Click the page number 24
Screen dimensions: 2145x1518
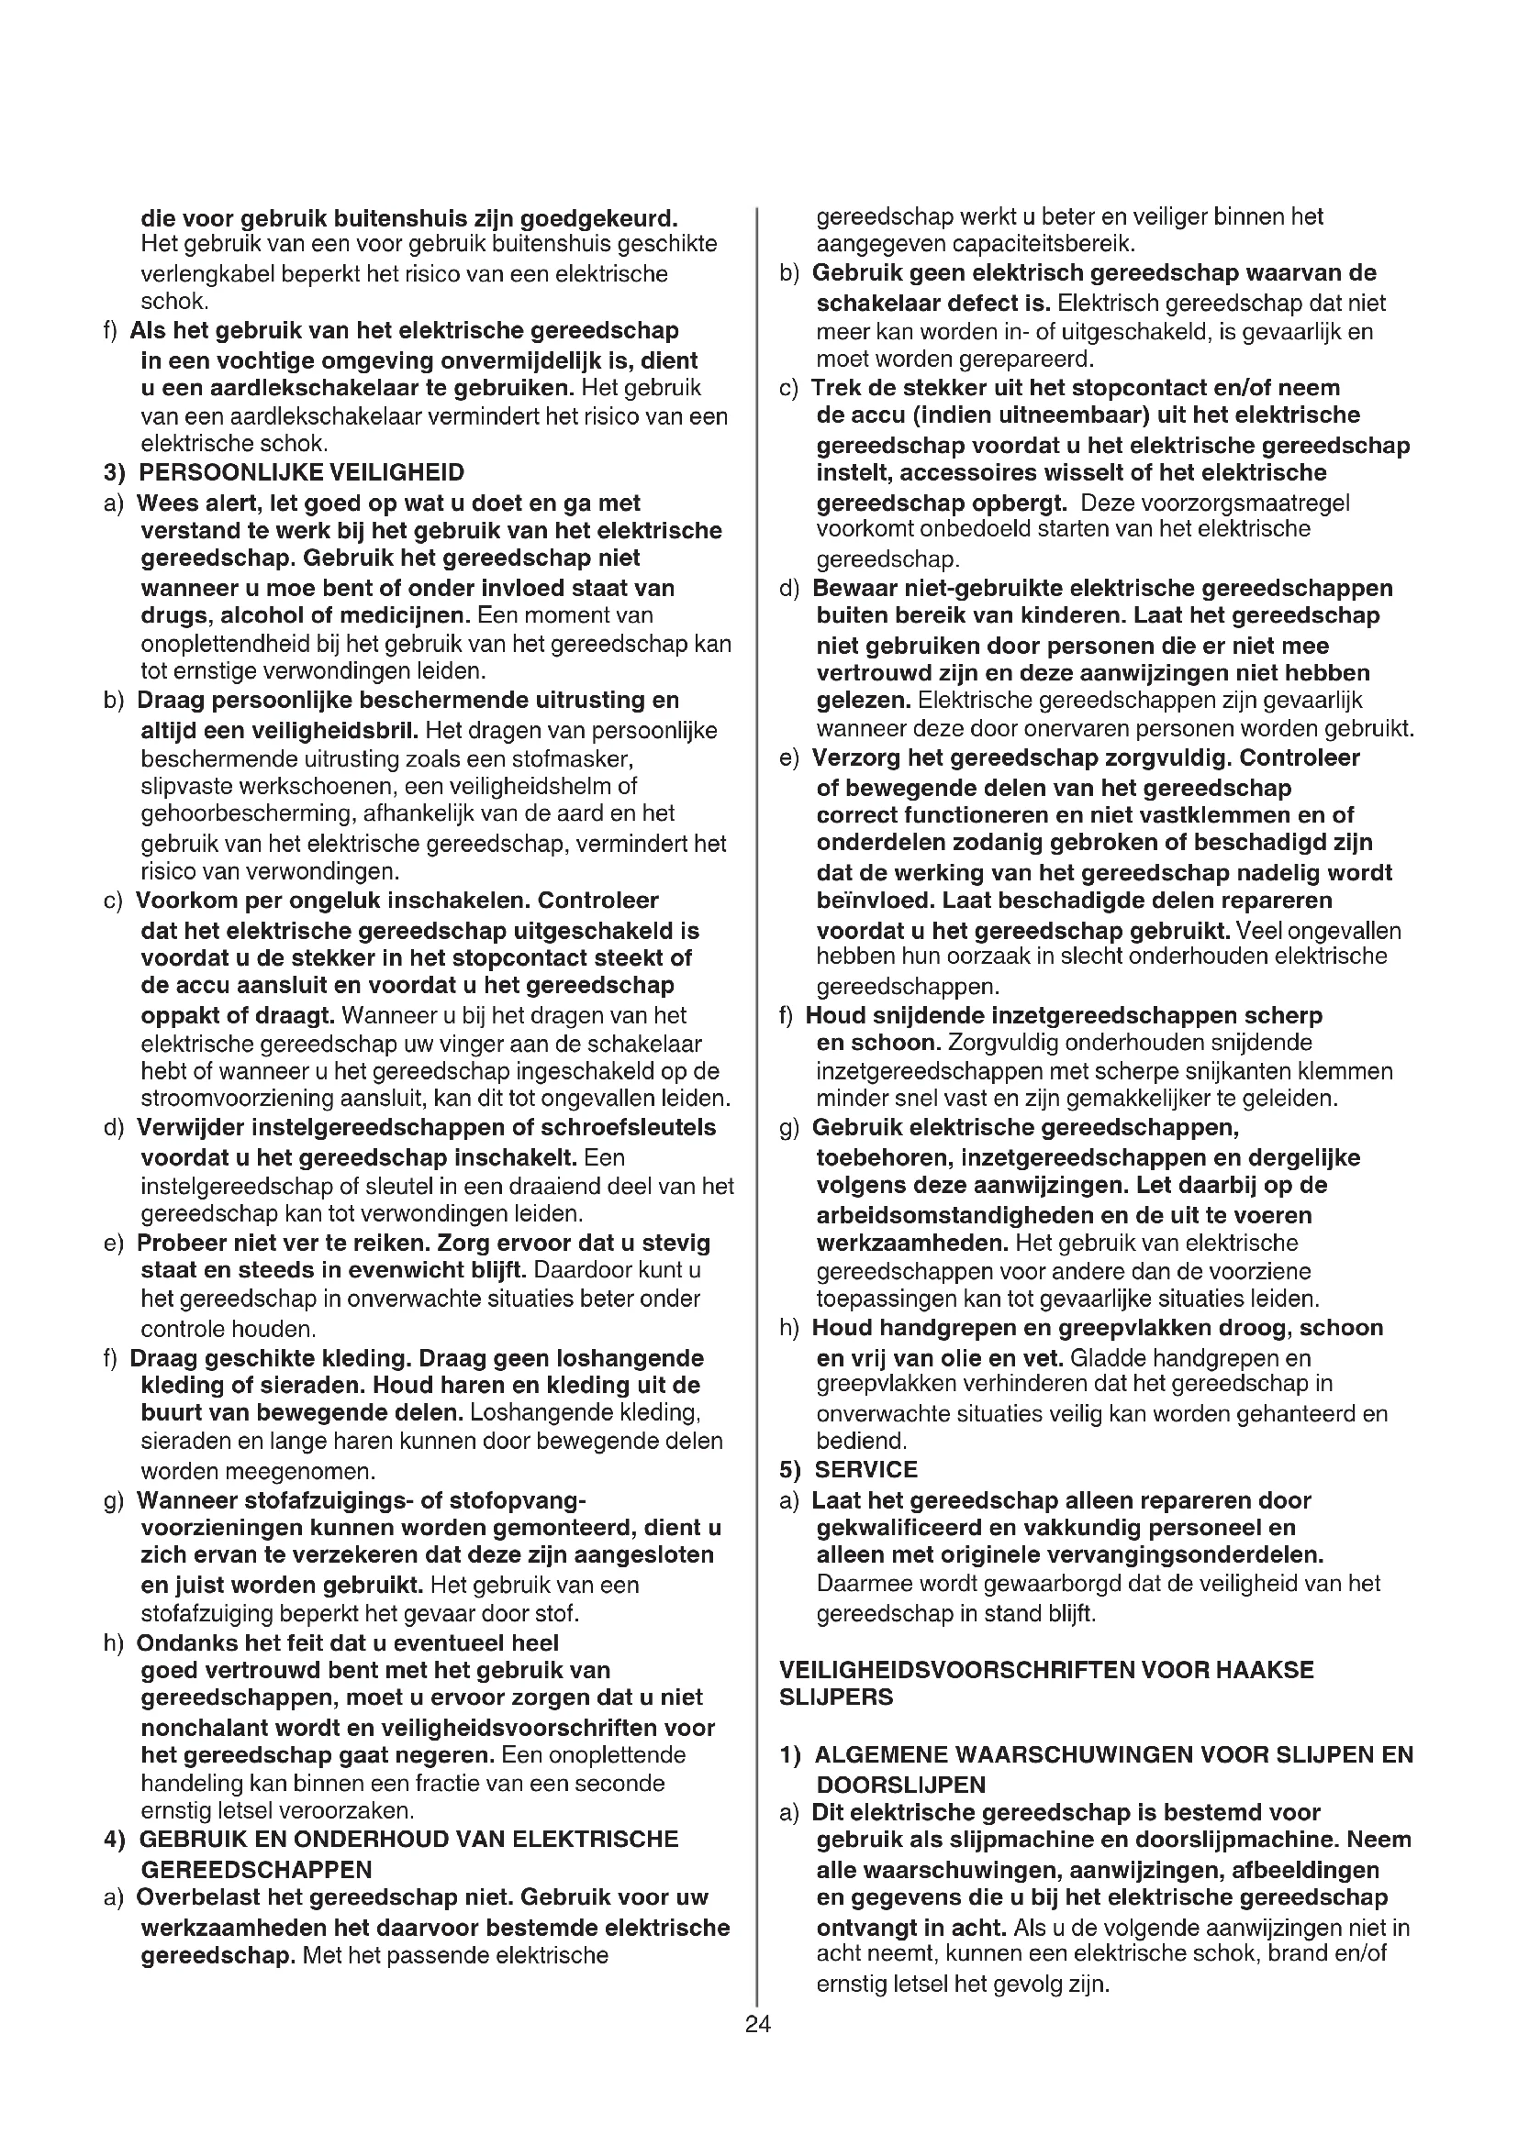point(758,2024)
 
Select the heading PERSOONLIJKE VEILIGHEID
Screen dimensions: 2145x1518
point(301,472)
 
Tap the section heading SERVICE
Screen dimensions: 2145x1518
point(866,1469)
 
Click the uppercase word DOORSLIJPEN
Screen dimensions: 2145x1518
point(901,1785)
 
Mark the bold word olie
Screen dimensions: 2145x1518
point(951,1357)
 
